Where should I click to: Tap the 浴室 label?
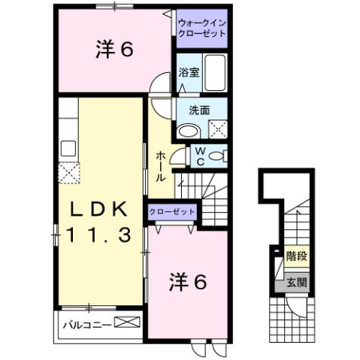[188, 73]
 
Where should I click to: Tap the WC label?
[200, 156]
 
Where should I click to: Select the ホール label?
[162, 167]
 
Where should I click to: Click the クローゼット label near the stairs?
[172, 213]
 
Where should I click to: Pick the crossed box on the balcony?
[127, 325]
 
